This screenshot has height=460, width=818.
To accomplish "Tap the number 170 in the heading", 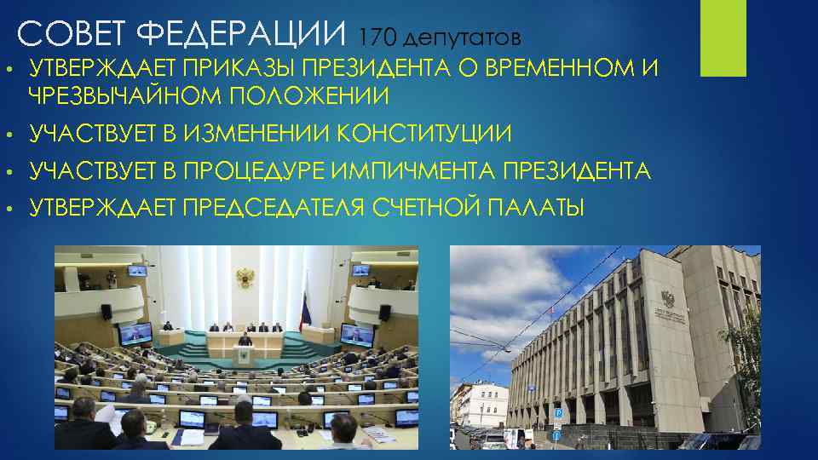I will [x=377, y=37].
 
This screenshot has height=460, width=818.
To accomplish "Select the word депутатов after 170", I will [x=460, y=39].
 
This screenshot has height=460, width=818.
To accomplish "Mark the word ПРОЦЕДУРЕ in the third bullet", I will [x=246, y=172].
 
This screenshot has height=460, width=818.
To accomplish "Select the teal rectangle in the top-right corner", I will [x=722, y=38].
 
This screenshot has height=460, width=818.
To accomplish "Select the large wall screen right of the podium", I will [x=356, y=333].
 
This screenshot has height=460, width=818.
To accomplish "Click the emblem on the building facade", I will [x=665, y=299].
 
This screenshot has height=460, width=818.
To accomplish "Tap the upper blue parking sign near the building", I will [x=558, y=411].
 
